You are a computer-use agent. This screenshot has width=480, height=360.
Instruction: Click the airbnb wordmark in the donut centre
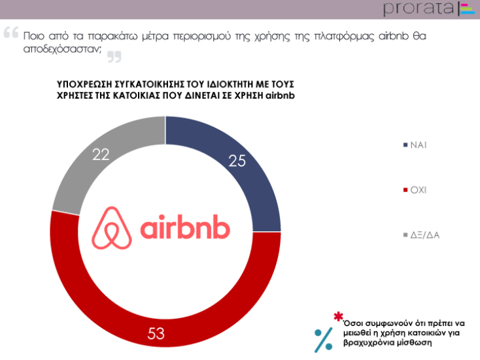tap(185, 229)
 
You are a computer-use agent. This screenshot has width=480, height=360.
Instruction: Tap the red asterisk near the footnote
tap(338, 317)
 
